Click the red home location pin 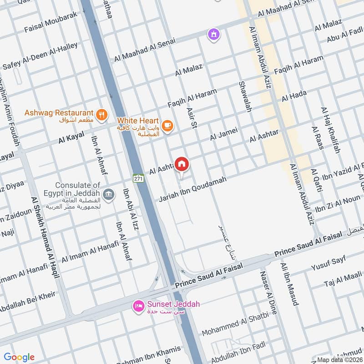182,164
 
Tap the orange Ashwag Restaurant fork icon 103,114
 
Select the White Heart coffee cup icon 167,125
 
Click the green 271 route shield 139,179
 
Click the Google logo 19,357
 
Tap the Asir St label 191,117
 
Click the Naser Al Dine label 268,291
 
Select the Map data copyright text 339,359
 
